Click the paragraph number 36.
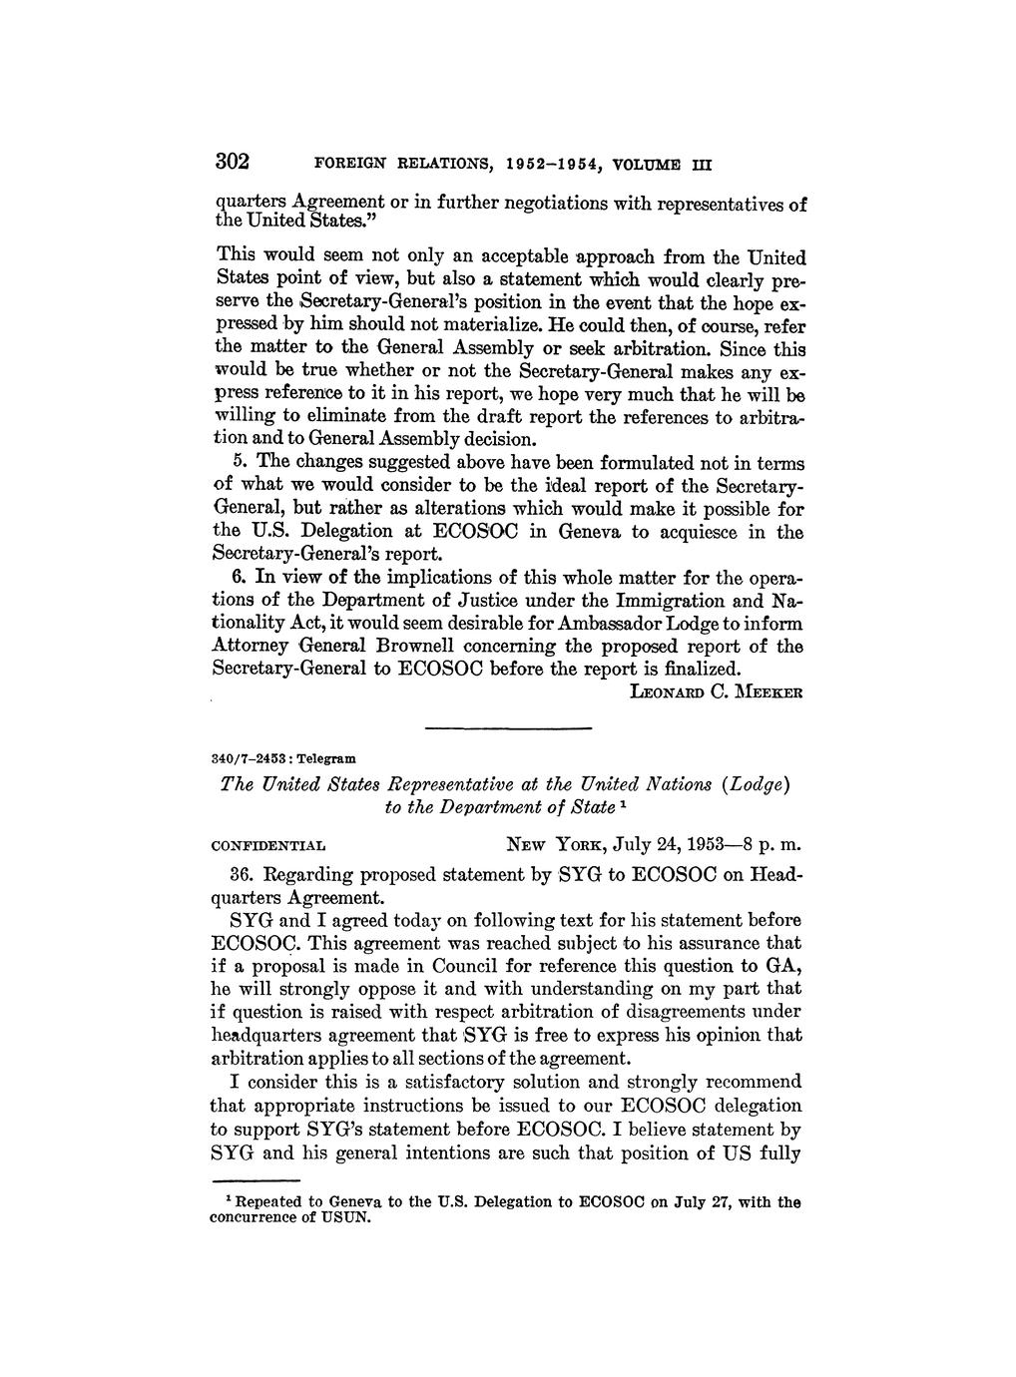(x=240, y=875)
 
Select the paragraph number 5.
(x=239, y=463)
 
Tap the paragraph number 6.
(x=239, y=577)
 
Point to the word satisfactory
(x=479, y=1083)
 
